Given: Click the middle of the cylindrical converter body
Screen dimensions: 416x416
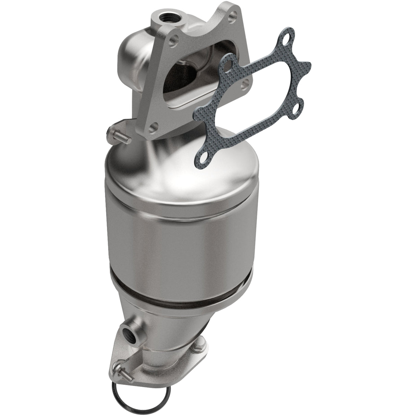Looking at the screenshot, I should [x=178, y=240].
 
